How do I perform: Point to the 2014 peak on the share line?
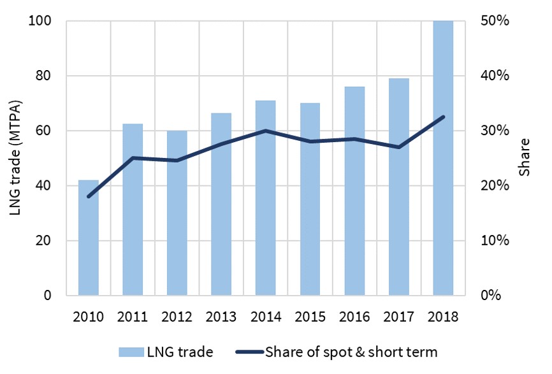(265, 131)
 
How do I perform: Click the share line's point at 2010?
(89, 196)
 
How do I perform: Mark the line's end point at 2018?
(443, 117)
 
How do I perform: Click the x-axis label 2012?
(177, 317)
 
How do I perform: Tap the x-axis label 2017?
(398, 317)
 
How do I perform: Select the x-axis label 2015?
(310, 317)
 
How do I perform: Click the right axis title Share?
(525, 158)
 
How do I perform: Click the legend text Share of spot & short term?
(351, 350)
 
